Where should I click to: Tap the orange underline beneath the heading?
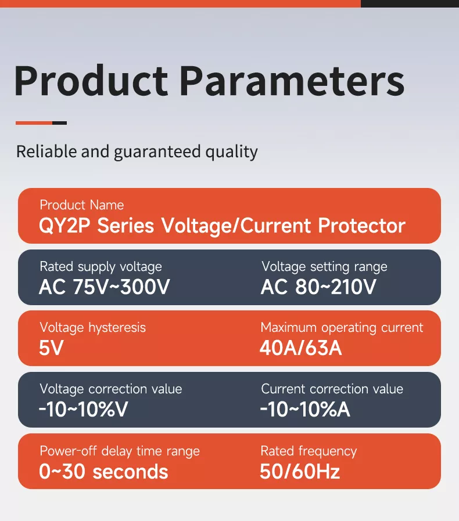[x=34, y=123]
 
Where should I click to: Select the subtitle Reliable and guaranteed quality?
[x=137, y=152]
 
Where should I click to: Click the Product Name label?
[x=81, y=205]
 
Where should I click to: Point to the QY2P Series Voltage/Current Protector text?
[x=222, y=226]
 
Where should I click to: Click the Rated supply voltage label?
[x=101, y=267]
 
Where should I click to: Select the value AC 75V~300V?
[x=104, y=287]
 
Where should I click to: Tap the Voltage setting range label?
[x=324, y=267]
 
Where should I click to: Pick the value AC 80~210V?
[x=318, y=287]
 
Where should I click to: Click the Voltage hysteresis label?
[x=92, y=328]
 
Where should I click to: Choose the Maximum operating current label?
[x=342, y=328]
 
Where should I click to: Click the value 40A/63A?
[x=301, y=349]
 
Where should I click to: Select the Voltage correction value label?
[x=110, y=389]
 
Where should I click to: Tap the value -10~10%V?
[x=83, y=410]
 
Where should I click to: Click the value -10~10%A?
[x=305, y=410]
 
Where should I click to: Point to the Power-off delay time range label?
[x=119, y=451]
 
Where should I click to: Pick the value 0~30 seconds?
[x=103, y=472]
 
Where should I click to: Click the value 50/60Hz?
[x=300, y=472]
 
